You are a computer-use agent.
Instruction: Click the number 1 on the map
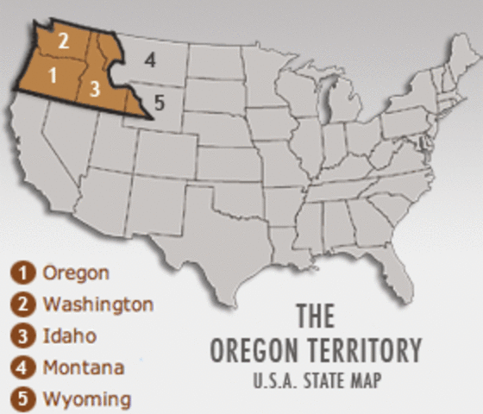point(53,74)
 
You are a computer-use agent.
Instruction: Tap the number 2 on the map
point(63,40)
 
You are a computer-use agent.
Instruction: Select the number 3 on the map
point(95,88)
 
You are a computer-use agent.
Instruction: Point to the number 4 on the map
point(150,60)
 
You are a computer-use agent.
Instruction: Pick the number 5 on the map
point(157,102)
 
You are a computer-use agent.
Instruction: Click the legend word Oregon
point(76,273)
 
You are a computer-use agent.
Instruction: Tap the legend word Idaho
point(69,336)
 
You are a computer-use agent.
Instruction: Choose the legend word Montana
point(83,367)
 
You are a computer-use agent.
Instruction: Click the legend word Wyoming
point(86,399)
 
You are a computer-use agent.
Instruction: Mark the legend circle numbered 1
point(27,273)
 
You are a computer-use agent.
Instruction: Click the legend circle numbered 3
point(27,336)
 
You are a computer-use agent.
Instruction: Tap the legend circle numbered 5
point(27,399)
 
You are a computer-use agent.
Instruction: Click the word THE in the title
point(315,317)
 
